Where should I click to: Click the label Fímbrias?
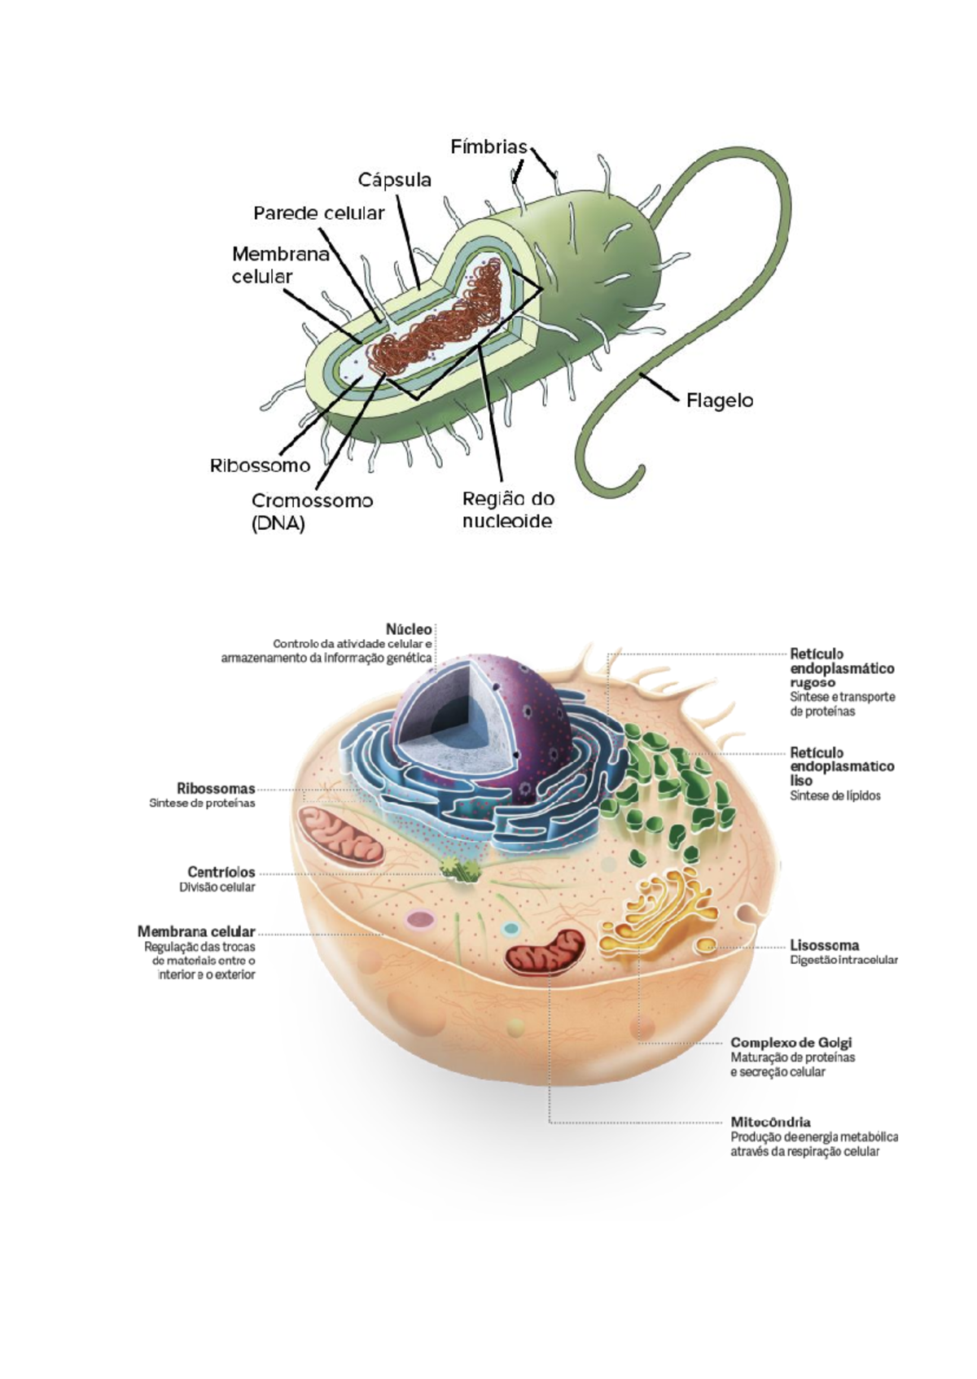[x=488, y=147]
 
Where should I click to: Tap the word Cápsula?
[x=395, y=180]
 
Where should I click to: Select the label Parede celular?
[x=318, y=213]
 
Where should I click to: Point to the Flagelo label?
[x=720, y=401]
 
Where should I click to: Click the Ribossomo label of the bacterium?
[x=260, y=466]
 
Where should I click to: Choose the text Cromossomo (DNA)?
[x=312, y=511]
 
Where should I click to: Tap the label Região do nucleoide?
[x=508, y=510]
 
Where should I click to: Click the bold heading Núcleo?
[x=409, y=629]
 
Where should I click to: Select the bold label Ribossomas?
[x=216, y=789]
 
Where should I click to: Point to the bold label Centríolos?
[x=221, y=872]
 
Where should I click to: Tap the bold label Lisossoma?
[x=824, y=946]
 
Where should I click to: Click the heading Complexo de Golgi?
[x=791, y=1042]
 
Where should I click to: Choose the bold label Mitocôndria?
[x=770, y=1122]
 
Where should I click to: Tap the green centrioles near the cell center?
[x=460, y=869]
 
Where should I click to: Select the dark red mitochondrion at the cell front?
[x=545, y=952]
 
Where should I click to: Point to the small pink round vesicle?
[x=420, y=920]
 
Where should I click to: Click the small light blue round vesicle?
[x=510, y=928]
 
